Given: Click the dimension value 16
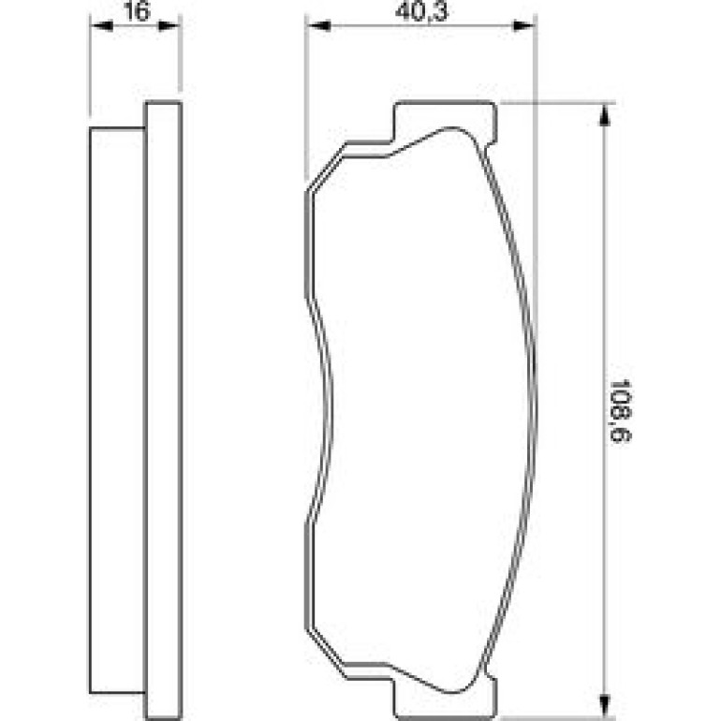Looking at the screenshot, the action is point(137,11).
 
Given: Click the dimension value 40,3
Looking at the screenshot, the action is point(421,11).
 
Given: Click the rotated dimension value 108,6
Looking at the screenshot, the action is point(620,411).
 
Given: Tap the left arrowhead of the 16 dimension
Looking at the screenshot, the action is point(101,26).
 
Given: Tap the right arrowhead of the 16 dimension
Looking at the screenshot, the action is point(169,26).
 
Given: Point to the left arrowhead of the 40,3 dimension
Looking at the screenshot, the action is point(318,26).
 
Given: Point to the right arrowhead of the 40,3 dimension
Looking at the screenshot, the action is point(523,26).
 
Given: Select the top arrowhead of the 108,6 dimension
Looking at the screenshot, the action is point(605,115).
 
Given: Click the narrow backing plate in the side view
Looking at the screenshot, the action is point(163,410).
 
